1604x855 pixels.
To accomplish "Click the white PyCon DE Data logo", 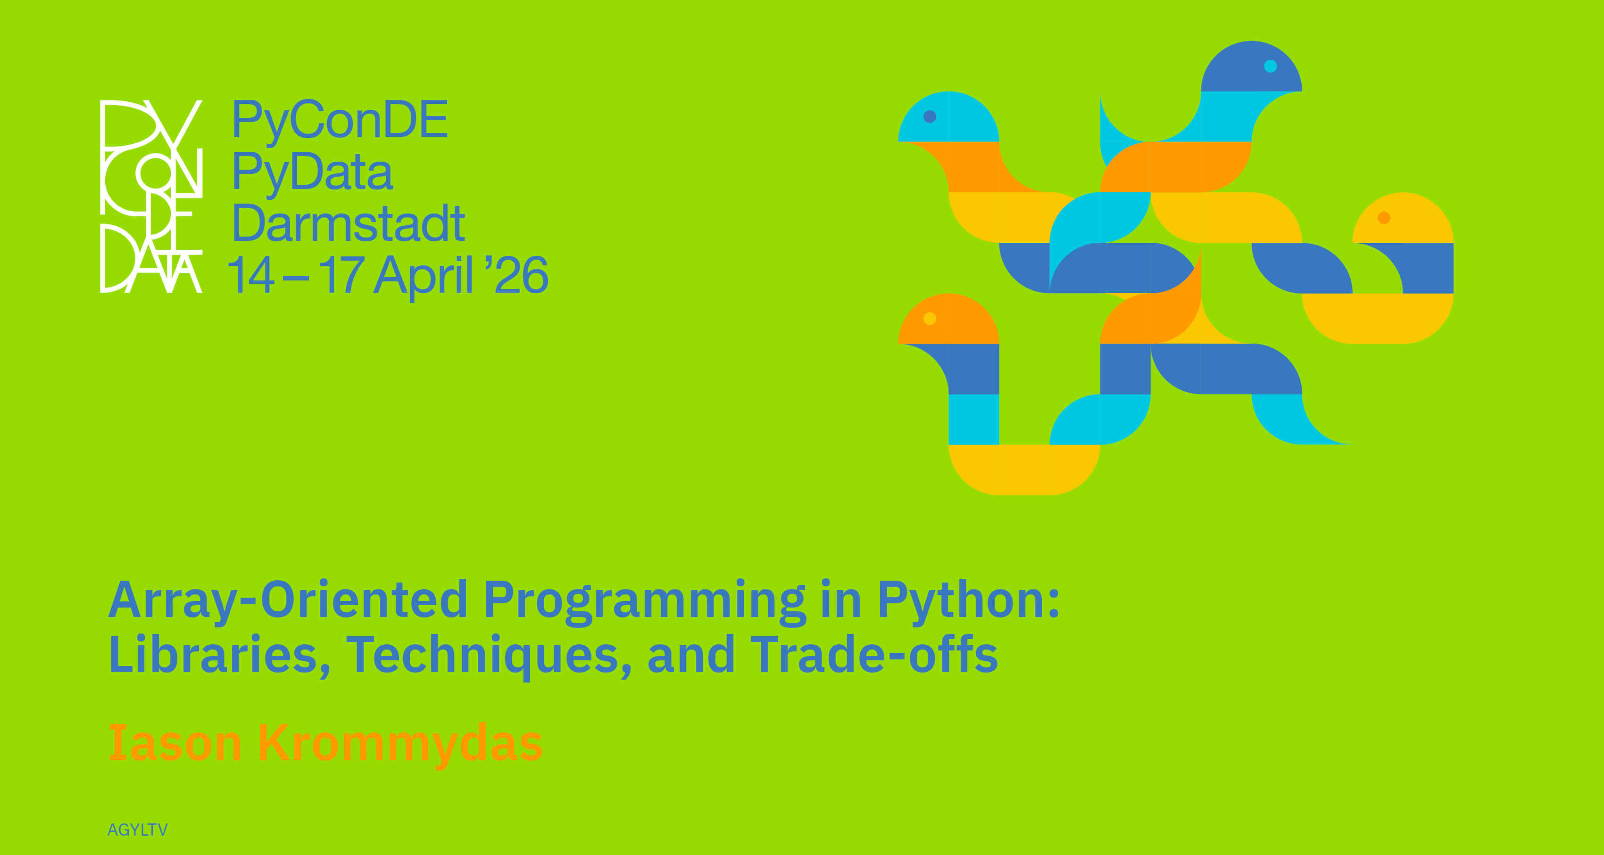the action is coord(151,196).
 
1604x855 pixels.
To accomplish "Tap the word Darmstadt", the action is coord(349,223).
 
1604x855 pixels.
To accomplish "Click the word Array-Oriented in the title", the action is coord(288,600).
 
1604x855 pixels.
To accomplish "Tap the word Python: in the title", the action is coord(968,600).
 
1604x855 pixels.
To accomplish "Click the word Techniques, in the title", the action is coord(489,657).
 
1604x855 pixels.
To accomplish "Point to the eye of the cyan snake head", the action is coord(930,116).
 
